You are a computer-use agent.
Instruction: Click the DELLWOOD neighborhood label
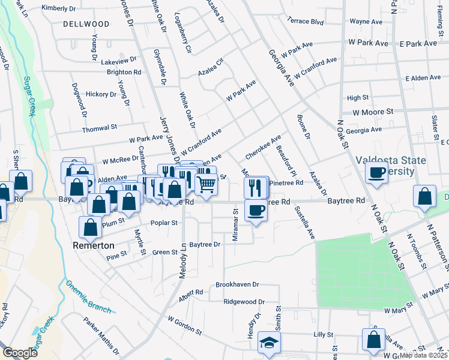point(86,24)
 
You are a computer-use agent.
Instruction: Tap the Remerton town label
point(93,245)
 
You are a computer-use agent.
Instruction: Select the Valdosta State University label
point(390,166)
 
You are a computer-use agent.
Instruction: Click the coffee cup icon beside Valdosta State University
point(376,173)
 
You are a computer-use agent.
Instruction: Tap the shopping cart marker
point(206,185)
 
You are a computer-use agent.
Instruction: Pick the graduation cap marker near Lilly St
point(269,343)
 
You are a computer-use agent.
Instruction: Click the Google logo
point(20,352)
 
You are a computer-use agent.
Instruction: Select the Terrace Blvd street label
point(306,22)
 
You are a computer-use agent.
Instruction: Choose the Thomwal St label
point(100,128)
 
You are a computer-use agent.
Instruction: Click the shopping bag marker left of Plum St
point(90,227)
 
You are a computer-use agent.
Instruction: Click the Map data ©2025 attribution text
point(424,355)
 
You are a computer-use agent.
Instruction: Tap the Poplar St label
point(166,223)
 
